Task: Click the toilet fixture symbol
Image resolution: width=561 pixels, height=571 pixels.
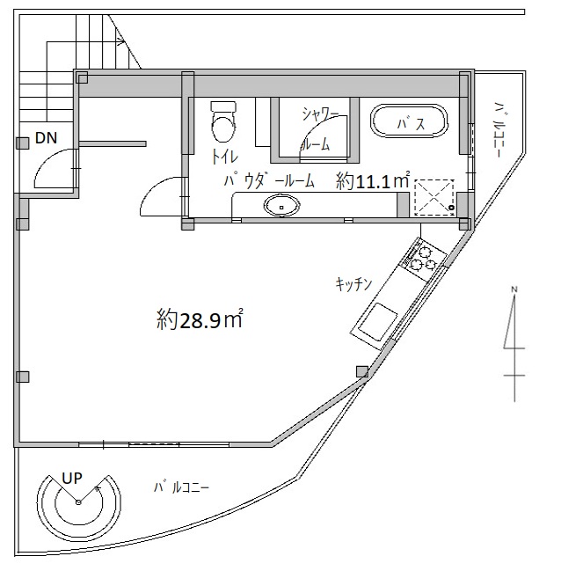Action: pos(223,121)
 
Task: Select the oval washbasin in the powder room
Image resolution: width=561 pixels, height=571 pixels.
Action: pos(281,206)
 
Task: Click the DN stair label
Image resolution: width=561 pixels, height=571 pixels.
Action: pos(47,138)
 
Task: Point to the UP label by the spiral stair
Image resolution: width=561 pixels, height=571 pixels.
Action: pos(72,478)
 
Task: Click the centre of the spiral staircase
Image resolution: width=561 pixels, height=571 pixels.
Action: pos(78,502)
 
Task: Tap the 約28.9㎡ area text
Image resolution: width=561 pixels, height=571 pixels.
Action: pos(200,319)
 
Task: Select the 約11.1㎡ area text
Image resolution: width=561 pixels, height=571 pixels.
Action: pos(373,181)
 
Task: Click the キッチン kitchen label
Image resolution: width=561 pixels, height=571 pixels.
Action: pos(353,284)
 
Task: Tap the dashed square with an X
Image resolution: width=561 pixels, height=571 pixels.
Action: pos(434,197)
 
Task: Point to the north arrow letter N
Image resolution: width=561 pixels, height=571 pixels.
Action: pos(514,289)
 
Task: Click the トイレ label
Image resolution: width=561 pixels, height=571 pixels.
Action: pos(224,157)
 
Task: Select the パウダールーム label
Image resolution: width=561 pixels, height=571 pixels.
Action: pos(269,181)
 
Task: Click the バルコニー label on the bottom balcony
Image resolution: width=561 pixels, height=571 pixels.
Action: pos(181,487)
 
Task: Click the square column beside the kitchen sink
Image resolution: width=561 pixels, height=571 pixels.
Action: pos(362,371)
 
